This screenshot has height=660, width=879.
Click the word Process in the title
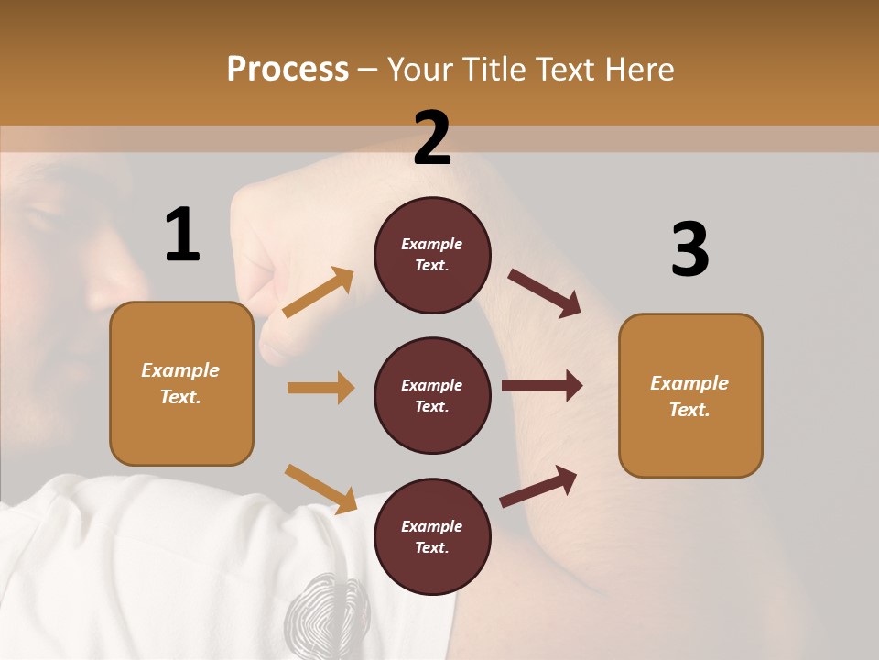tap(288, 70)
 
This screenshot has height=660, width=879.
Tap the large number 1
tap(182, 235)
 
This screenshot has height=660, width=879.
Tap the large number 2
tap(432, 138)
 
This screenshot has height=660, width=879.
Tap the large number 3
tap(689, 250)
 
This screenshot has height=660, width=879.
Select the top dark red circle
tap(432, 255)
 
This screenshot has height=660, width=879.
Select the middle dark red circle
tap(432, 395)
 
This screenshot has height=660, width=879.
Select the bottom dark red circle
tap(432, 536)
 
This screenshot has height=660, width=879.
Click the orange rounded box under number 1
tap(181, 383)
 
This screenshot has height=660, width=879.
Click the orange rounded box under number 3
tap(690, 395)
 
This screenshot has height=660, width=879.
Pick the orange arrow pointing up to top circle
tap(319, 292)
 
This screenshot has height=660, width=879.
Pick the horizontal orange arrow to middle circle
tap(320, 388)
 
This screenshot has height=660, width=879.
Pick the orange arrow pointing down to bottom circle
tap(321, 489)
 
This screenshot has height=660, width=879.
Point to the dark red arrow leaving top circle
tap(545, 292)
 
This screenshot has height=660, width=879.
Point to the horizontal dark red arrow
tap(542, 386)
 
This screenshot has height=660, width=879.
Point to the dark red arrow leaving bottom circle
tap(538, 486)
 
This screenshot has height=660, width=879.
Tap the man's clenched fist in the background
tap(275, 266)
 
